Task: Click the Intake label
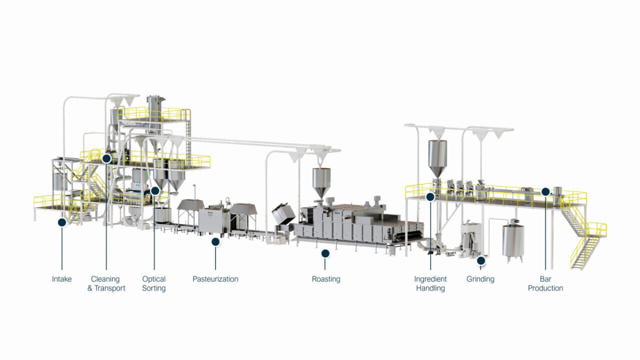pyautogui.click(x=62, y=279)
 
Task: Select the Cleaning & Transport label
pyautogui.click(x=106, y=283)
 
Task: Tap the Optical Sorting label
pyautogui.click(x=154, y=283)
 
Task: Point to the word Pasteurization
pyautogui.click(x=215, y=279)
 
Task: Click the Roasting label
pyautogui.click(x=326, y=279)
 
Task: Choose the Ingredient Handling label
pyautogui.click(x=430, y=283)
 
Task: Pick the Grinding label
pyautogui.click(x=481, y=279)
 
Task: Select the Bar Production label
pyautogui.click(x=546, y=283)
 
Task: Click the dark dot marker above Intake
pyautogui.click(x=62, y=222)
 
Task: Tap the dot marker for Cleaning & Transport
pyautogui.click(x=107, y=158)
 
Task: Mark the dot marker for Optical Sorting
pyautogui.click(x=155, y=191)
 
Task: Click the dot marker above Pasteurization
pyautogui.click(x=215, y=242)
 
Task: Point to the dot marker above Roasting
pyautogui.click(x=325, y=253)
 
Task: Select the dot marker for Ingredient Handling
pyautogui.click(x=430, y=197)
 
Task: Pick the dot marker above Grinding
pyautogui.click(x=481, y=261)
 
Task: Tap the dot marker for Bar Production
pyautogui.click(x=546, y=191)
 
